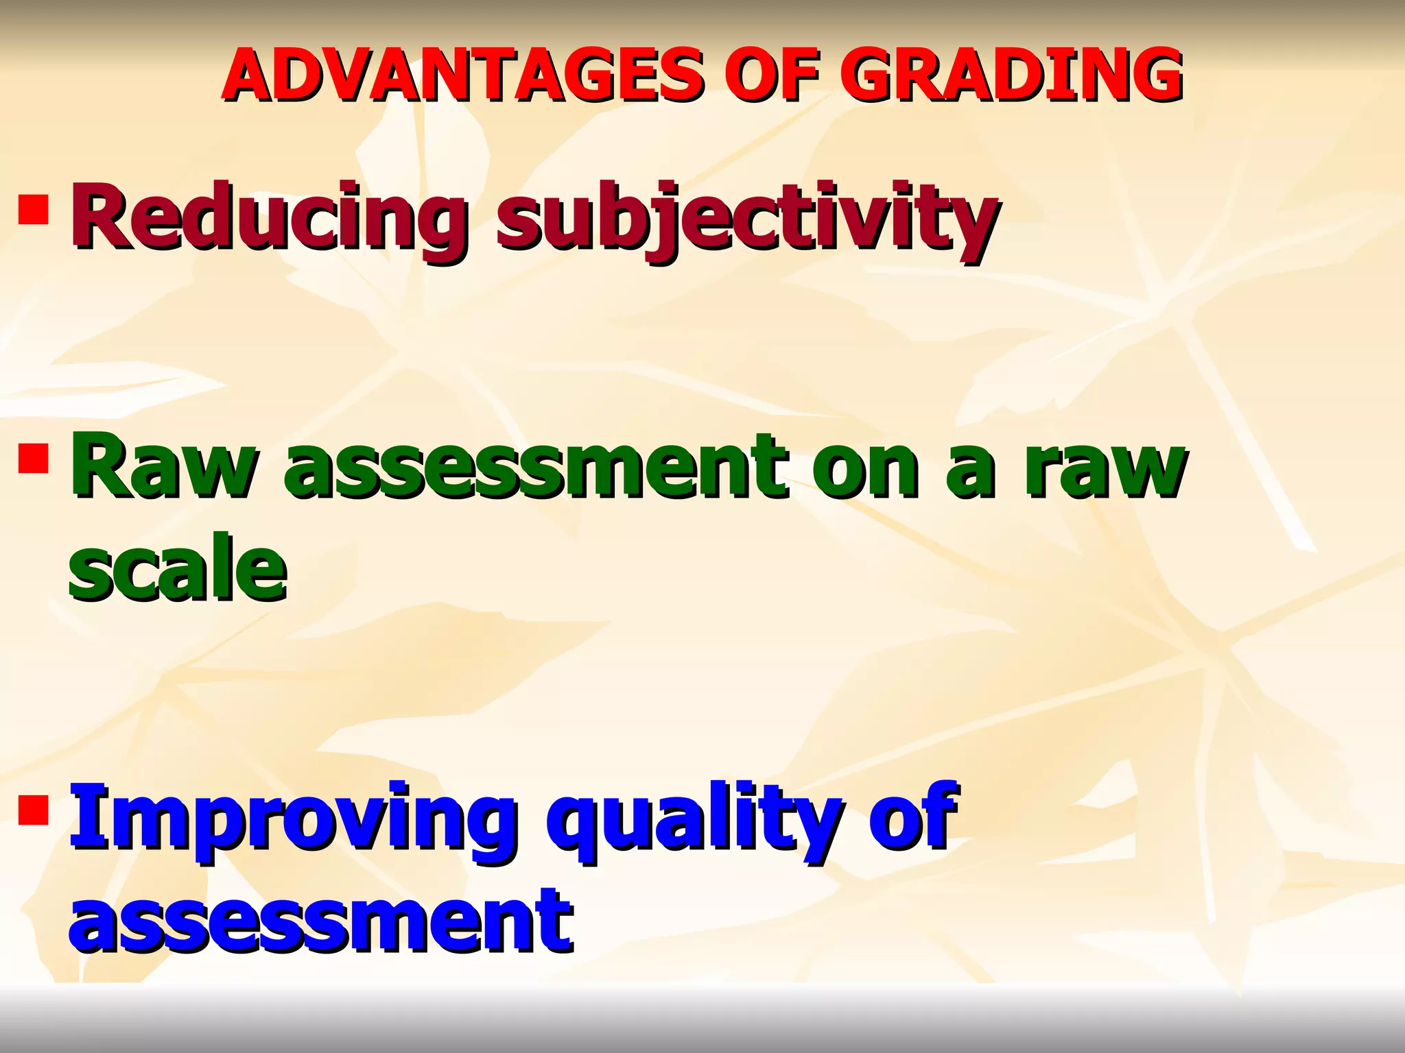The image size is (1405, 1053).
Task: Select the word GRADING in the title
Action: pos(1018,75)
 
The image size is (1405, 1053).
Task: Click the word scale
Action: pos(177,569)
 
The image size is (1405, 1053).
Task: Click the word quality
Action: pos(693,819)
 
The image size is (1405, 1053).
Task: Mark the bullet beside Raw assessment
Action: pos(34,459)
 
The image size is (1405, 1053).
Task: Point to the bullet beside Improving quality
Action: pos(34,809)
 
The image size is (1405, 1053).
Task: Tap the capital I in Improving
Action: pos(83,816)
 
